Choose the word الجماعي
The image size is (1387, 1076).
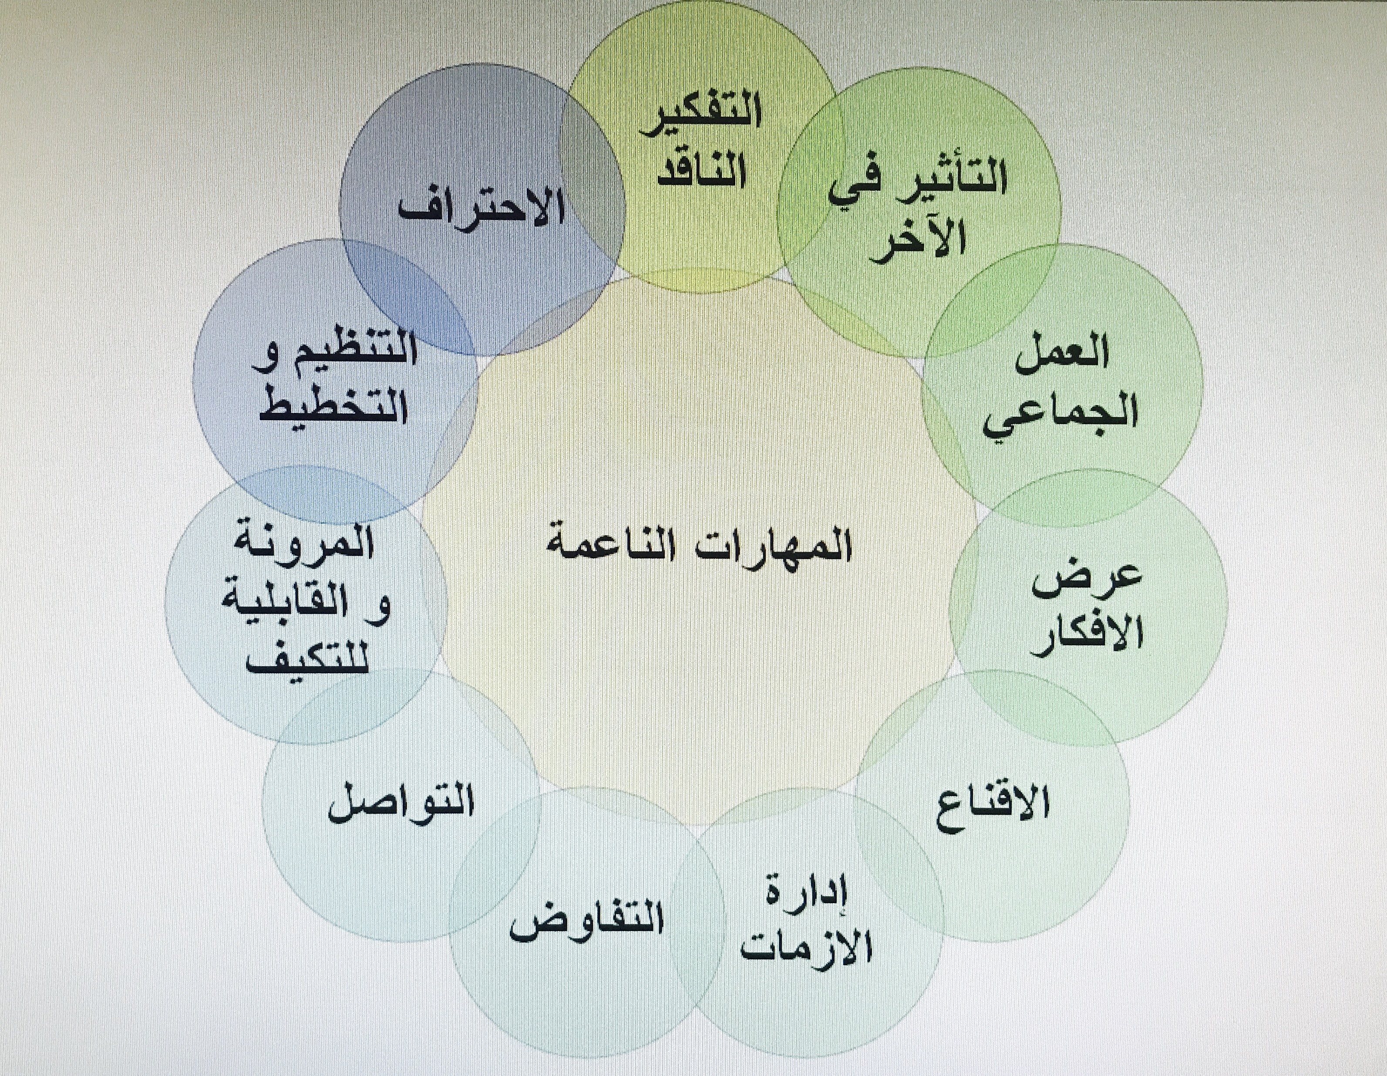1060,416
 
